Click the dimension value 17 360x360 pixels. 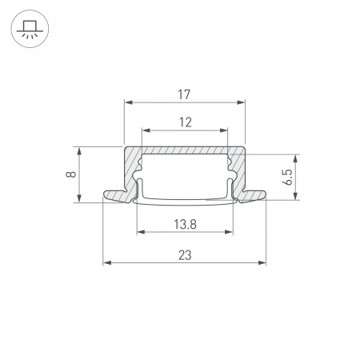click(184, 95)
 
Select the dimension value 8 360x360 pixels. click(72, 174)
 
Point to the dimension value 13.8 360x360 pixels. click(184, 225)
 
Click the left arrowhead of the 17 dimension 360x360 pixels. click(127, 102)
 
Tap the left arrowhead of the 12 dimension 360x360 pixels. click(145, 130)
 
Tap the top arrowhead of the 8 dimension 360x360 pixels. click(78, 150)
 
